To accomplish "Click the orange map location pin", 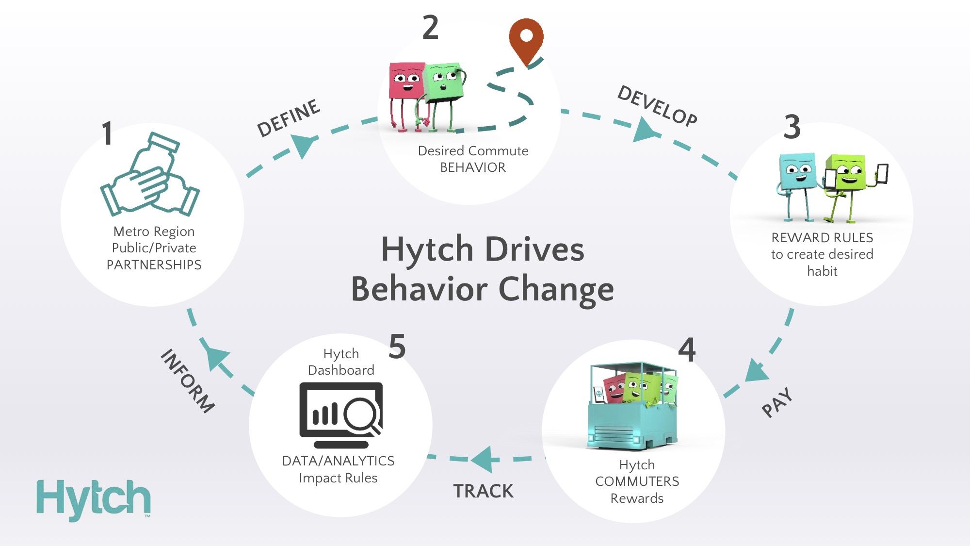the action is point(526,39).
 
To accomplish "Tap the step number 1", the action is point(107,133).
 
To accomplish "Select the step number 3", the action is point(792,127).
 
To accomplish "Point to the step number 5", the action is point(397,347).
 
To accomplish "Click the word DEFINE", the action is point(288,118).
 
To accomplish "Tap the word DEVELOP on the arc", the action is point(657,106).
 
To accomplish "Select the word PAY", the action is point(777,402).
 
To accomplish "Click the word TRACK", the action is point(483,491).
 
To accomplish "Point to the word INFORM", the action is point(188,381).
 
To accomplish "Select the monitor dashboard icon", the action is point(341,415).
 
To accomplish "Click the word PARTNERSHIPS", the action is point(154,265).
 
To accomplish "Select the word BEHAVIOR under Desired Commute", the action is point(473,167).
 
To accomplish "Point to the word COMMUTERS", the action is point(637,481).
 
